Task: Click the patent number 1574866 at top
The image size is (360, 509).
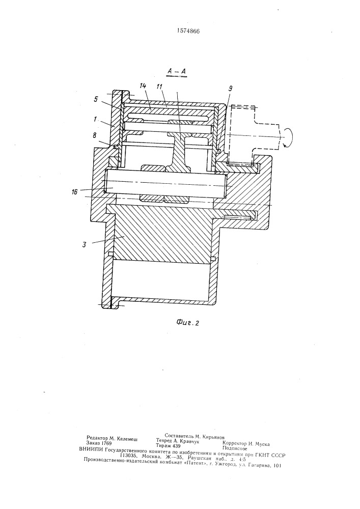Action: (188, 31)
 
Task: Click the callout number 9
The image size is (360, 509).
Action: (231, 88)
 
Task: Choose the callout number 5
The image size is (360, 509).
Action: (96, 100)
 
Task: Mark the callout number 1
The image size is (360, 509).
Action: (95, 119)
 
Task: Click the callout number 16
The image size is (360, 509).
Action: (75, 192)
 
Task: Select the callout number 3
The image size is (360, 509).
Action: (84, 244)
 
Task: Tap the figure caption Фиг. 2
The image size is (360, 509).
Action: (187, 322)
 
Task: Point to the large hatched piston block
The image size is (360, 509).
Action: (161, 233)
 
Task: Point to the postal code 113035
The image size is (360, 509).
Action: (128, 455)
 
